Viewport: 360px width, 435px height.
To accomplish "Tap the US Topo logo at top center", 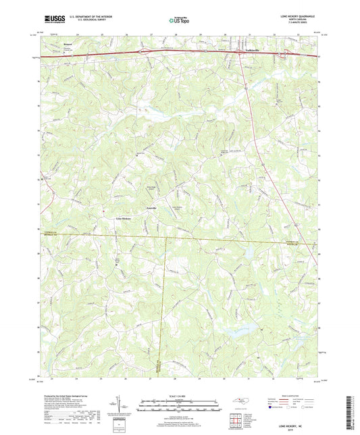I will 180,21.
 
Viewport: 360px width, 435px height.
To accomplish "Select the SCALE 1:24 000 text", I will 180,396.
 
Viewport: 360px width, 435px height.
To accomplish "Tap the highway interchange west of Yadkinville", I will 144,51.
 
